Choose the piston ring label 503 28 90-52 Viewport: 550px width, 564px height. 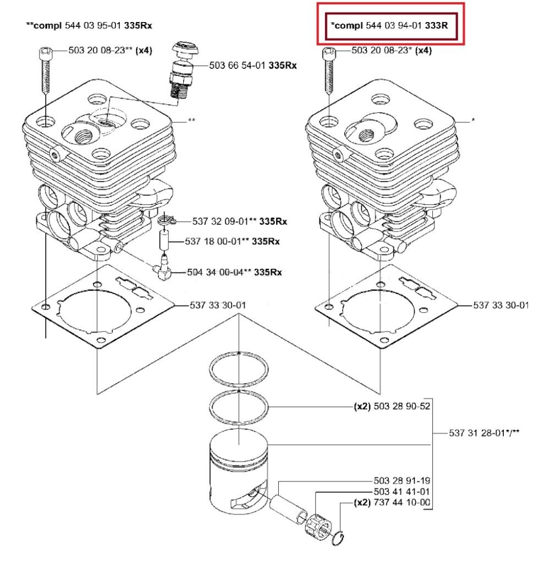tap(402, 408)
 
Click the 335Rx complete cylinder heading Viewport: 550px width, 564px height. tap(89, 25)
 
